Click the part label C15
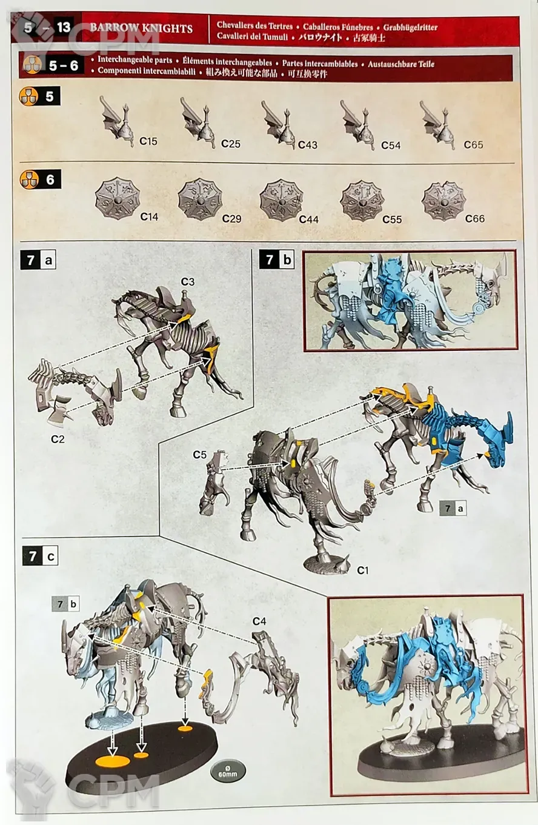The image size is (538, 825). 148,141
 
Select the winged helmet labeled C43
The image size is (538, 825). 279,124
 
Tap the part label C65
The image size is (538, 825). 473,145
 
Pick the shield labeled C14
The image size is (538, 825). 118,199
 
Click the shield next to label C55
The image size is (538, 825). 362,201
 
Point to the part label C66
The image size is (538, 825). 475,219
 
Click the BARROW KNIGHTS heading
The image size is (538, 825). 141,28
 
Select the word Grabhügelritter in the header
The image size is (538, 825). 410,27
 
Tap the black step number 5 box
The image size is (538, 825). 50,96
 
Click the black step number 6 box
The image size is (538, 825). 50,179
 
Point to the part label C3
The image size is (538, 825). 187,282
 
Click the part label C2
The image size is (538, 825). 58,439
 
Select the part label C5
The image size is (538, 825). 199,455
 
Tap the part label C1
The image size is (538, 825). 362,570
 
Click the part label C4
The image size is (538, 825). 259,621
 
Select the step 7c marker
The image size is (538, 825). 40,556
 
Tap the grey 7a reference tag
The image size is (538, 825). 453,509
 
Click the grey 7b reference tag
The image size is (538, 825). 66,604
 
